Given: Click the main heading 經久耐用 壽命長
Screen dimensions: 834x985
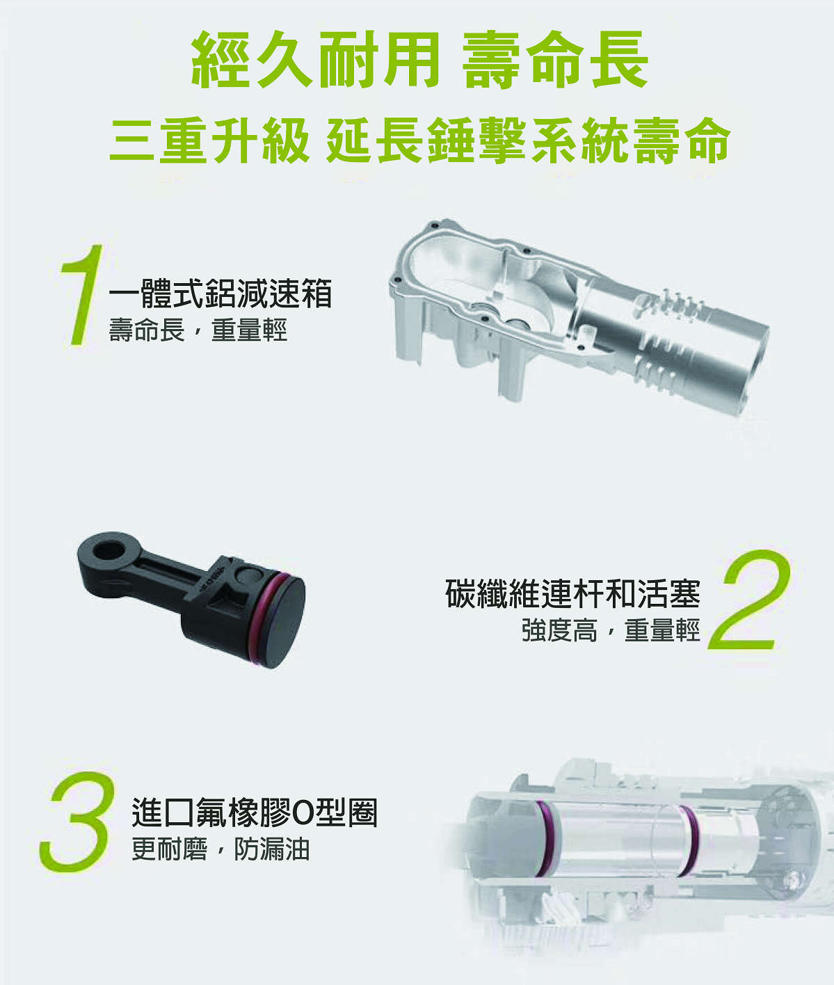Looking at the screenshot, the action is [419, 60].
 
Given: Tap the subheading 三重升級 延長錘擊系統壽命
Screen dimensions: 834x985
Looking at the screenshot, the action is [419, 141].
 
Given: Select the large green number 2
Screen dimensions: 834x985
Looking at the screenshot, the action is [750, 600].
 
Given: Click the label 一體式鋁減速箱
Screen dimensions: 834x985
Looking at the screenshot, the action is [220, 293].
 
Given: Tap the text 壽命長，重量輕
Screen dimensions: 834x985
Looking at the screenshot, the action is [198, 330].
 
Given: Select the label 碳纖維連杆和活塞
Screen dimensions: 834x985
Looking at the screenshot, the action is [573, 594].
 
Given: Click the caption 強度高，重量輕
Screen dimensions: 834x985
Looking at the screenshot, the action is [611, 630].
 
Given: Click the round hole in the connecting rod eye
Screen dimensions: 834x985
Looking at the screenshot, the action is [109, 550].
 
